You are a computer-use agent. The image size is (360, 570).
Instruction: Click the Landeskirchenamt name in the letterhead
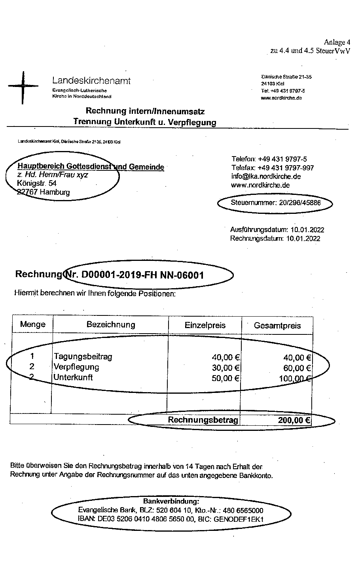[x=91, y=81]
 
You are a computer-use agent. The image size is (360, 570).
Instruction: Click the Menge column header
[x=32, y=325]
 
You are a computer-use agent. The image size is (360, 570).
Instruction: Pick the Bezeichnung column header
[x=111, y=325]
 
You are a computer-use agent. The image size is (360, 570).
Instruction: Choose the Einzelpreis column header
[x=205, y=325]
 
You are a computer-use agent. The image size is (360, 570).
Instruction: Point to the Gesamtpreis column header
[x=277, y=326]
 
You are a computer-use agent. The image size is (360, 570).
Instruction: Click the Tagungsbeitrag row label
[x=83, y=357]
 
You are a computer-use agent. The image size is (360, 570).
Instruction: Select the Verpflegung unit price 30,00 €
[x=226, y=368]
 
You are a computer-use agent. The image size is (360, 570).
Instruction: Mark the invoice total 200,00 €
[x=294, y=420]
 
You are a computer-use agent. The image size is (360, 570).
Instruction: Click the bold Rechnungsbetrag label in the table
[x=203, y=420]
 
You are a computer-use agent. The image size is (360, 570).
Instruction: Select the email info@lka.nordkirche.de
[x=266, y=176]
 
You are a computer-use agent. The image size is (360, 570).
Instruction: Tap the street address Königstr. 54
[x=37, y=183]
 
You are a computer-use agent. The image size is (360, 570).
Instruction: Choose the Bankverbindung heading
[x=171, y=501]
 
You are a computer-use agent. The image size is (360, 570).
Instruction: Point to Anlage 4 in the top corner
[x=337, y=42]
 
